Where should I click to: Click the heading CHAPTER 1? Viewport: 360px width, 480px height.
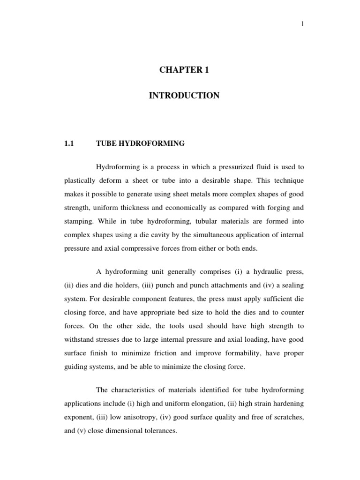(x=184, y=70)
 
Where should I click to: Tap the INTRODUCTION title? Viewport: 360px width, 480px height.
(x=184, y=96)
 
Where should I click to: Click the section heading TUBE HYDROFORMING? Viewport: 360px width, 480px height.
(x=140, y=144)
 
